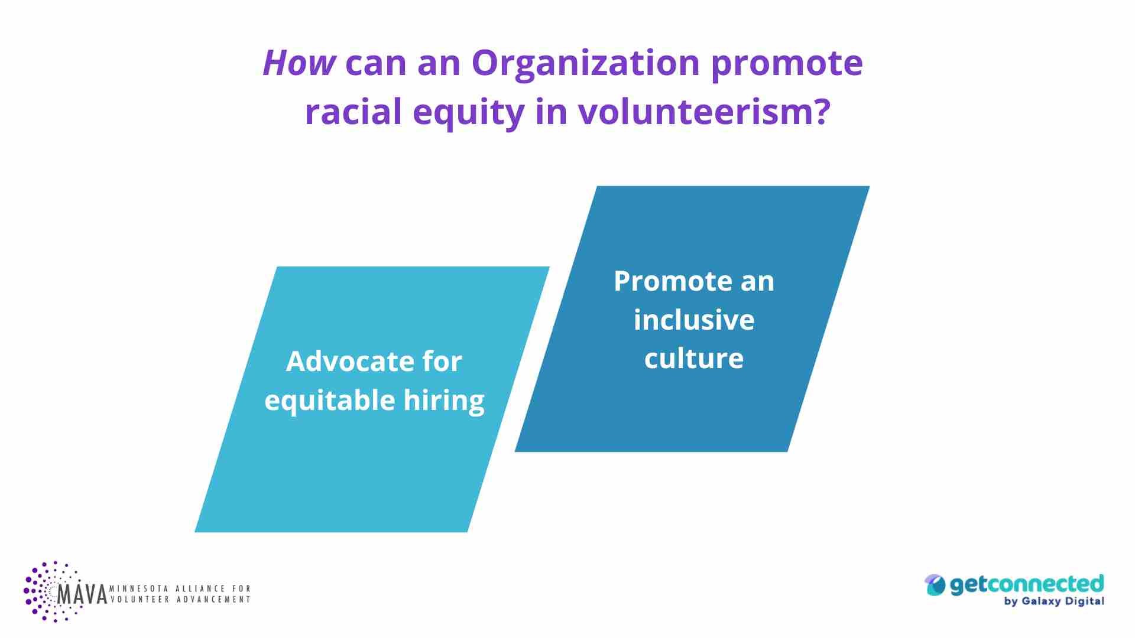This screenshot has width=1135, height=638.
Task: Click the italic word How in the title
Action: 300,63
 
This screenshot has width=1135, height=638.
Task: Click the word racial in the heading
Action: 354,111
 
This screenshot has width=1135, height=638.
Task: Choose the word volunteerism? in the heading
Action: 704,111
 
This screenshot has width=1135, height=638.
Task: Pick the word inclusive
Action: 694,320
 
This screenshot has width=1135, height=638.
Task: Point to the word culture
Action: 694,359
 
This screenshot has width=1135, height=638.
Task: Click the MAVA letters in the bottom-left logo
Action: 82,594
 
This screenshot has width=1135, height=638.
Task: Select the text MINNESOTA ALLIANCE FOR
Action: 180,589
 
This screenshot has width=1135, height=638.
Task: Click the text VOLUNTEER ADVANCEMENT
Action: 180,600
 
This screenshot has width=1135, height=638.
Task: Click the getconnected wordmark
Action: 1027,584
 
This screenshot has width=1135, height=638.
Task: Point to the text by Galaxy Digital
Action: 1054,601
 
